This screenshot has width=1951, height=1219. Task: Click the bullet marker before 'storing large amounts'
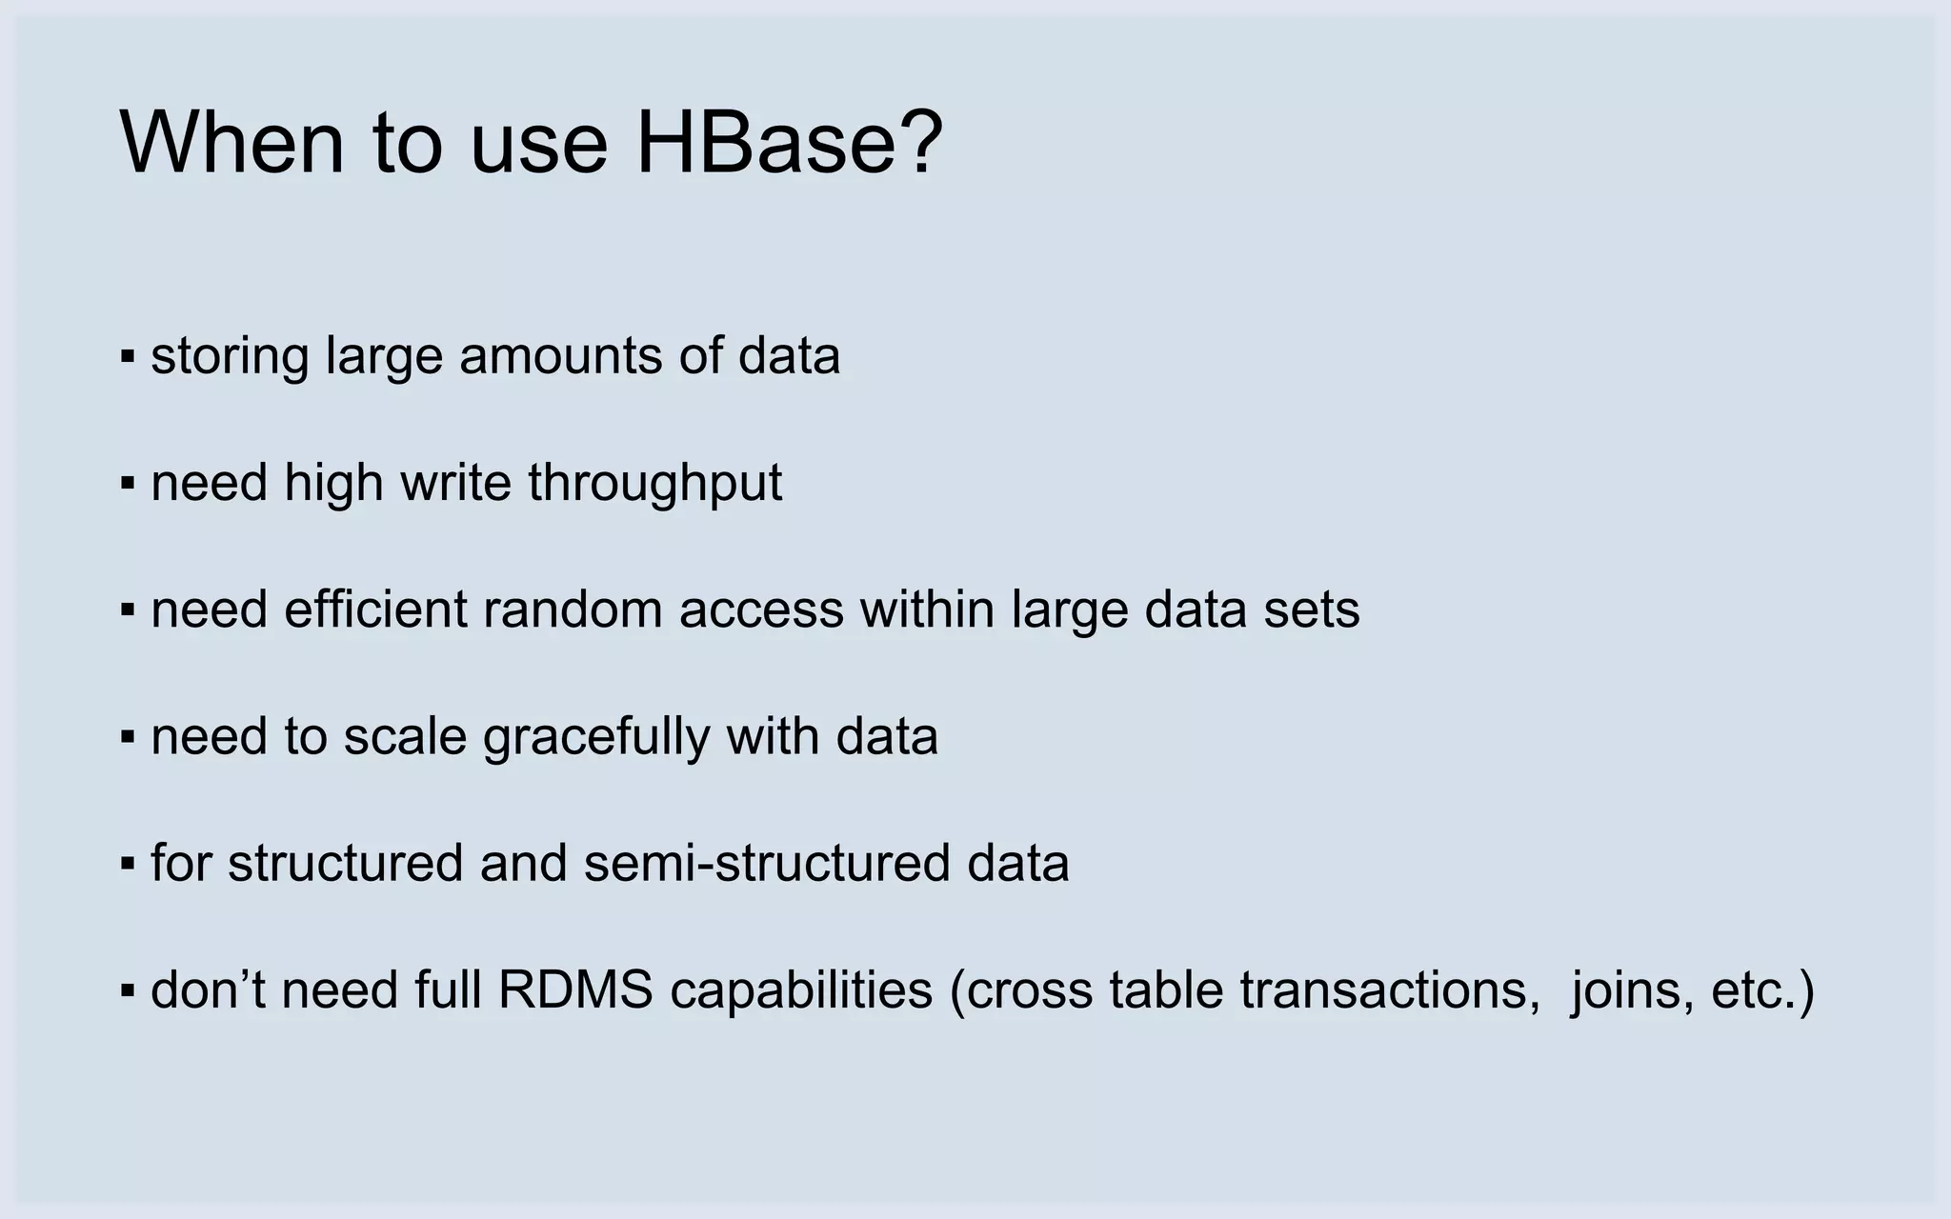(128, 357)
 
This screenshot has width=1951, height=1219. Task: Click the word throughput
(655, 484)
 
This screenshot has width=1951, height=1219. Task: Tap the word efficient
(375, 609)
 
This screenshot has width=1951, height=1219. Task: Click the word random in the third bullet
(573, 609)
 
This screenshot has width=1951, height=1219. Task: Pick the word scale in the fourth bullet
(405, 736)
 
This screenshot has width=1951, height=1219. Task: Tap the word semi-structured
(766, 863)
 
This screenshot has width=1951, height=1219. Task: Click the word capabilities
(801, 990)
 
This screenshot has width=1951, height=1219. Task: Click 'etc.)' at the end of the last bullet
(1763, 990)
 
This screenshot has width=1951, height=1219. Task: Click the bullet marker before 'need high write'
(128, 484)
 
